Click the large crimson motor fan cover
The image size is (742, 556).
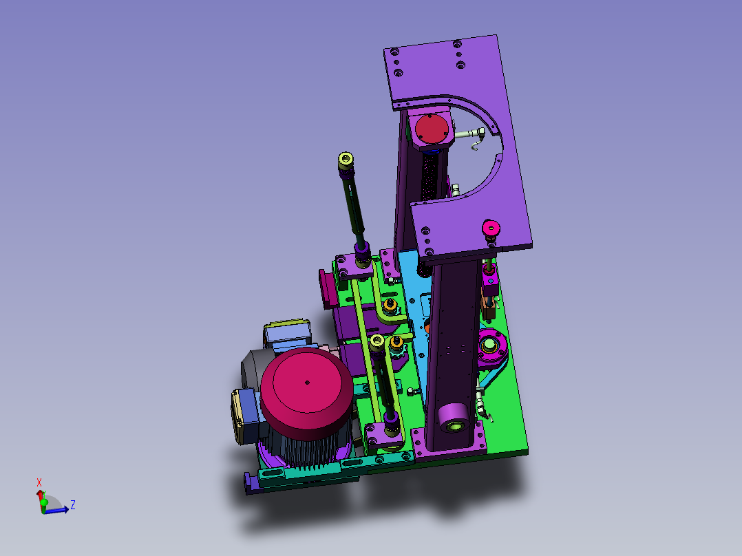point(307,388)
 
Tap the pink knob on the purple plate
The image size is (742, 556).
point(491,229)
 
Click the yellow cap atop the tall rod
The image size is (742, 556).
point(346,159)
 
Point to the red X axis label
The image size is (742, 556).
point(39,482)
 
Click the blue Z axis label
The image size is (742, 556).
point(73,504)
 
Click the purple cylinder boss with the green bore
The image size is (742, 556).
point(454,418)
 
